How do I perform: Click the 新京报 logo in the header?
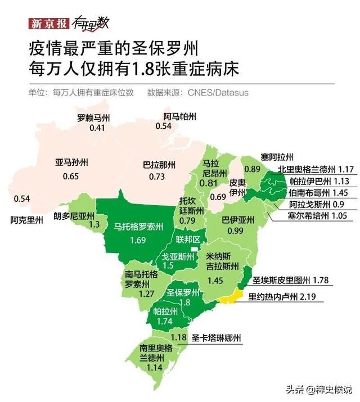(49, 23)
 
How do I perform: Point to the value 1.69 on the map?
(137, 241)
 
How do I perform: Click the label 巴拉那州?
(159, 165)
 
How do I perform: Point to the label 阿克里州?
(26, 220)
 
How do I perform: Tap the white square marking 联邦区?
(195, 249)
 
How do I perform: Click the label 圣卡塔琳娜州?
(216, 338)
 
